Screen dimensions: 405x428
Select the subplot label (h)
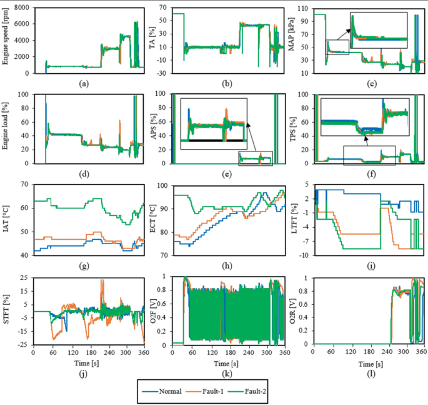pyautogui.click(x=231, y=265)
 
